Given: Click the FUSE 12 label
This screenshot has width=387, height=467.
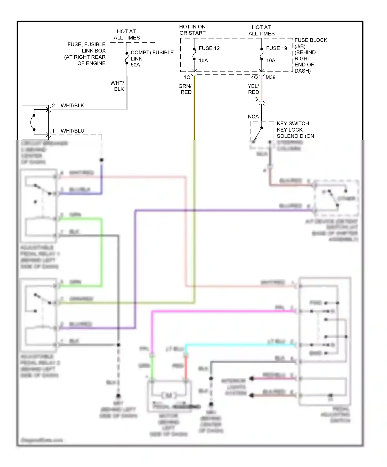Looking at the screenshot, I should point(209,48).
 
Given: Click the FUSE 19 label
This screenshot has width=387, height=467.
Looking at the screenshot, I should point(276,48).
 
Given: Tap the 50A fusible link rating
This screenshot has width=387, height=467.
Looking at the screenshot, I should point(135,65).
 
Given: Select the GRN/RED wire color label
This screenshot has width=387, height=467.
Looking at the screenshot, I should point(185,89).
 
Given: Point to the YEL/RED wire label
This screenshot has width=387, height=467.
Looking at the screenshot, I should point(253,89).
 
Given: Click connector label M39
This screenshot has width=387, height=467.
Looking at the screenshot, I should point(270,77).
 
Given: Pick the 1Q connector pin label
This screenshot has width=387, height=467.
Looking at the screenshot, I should point(187,77).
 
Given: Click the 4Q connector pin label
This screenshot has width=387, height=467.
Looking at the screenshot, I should point(254,77).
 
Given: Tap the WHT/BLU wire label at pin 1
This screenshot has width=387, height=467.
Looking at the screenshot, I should point(72,131).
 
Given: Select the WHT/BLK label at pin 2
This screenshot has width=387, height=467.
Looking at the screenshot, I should point(72,106).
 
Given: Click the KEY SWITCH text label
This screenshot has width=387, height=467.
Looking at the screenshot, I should point(293,124).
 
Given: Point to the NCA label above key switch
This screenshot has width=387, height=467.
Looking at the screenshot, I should point(253,117).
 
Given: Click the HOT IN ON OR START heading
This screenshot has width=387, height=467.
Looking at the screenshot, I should point(192,30).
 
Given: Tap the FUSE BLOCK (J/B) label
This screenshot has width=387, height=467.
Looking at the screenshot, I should point(311,43).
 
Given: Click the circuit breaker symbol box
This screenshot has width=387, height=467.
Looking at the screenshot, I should point(35,122).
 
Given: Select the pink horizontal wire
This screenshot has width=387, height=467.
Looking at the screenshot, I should point(222,312).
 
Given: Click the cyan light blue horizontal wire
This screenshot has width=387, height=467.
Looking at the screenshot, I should point(240,344).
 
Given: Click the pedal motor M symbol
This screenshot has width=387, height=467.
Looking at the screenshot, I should point(169,395).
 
